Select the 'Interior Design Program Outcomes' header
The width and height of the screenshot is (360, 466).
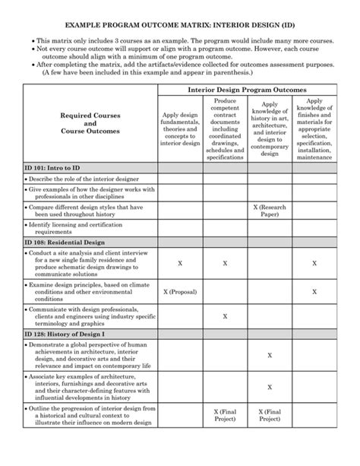point(247,90)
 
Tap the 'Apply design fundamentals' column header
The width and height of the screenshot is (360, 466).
point(180,128)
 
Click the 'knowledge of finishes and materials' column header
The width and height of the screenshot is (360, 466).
point(314,128)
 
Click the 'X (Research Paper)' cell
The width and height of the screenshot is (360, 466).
point(270,211)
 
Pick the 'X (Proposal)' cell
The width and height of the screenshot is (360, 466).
point(180,291)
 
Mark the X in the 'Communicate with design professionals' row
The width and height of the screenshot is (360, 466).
point(225,315)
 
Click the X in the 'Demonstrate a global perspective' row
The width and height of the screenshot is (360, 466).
point(270,355)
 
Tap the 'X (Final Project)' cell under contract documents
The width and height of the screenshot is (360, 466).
point(225,415)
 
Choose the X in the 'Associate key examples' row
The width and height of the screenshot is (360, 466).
point(270,385)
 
